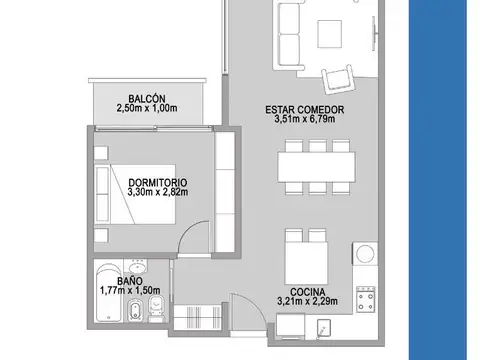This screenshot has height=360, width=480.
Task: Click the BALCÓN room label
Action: pos(147,99)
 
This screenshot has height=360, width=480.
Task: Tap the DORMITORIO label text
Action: pos(158,183)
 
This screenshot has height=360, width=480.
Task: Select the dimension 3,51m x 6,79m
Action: pos(305,119)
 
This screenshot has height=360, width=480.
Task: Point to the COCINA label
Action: pos(307,292)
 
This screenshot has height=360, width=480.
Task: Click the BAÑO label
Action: pos(130,281)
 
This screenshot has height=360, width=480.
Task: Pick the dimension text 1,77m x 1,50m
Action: pos(130,290)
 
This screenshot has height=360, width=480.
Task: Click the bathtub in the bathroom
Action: pos(109,293)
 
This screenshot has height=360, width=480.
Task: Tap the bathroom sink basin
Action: pos(138,267)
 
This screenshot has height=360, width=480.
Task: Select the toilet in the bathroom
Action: pos(156,308)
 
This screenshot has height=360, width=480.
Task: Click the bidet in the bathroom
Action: pos(135,310)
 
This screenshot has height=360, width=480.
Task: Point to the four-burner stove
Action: pos(365,299)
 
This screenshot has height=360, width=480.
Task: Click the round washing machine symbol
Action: pos(365,254)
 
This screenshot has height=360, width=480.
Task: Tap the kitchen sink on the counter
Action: pos(323,329)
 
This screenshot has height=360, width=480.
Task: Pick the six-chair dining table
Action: pos(317,167)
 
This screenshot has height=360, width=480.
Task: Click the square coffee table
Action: pos(329,34)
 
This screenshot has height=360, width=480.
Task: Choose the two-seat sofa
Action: pos(289,35)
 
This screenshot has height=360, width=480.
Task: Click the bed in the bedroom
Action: pos(135,194)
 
